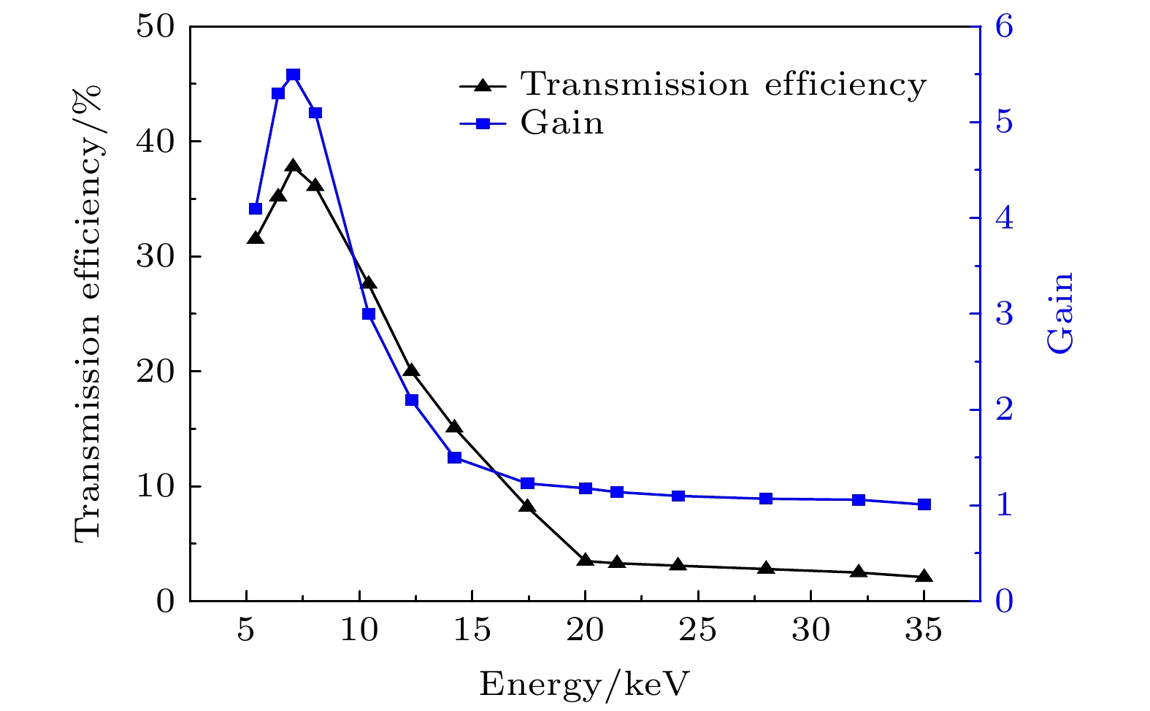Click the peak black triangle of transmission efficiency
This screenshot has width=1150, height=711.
(x=294, y=166)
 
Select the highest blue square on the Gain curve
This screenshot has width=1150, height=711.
(x=294, y=75)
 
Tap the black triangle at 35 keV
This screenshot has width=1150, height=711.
(x=924, y=577)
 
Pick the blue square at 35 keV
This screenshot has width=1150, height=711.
(x=924, y=504)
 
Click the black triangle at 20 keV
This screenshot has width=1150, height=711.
(x=585, y=560)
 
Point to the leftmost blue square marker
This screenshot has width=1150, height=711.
(x=256, y=209)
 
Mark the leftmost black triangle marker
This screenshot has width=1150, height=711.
(x=256, y=239)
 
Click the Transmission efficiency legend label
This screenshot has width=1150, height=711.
(x=723, y=85)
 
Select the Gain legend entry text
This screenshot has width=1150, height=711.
(x=562, y=123)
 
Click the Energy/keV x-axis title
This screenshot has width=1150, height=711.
(x=584, y=685)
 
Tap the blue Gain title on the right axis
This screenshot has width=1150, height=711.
(x=1061, y=313)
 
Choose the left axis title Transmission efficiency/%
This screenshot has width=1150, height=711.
(x=88, y=314)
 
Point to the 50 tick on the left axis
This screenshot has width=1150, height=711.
(x=156, y=27)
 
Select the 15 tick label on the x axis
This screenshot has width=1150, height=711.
(x=472, y=630)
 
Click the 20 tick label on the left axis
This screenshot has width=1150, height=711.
(x=156, y=372)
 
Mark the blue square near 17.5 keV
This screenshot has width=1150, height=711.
(x=527, y=483)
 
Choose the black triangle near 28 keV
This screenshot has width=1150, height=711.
(x=766, y=569)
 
